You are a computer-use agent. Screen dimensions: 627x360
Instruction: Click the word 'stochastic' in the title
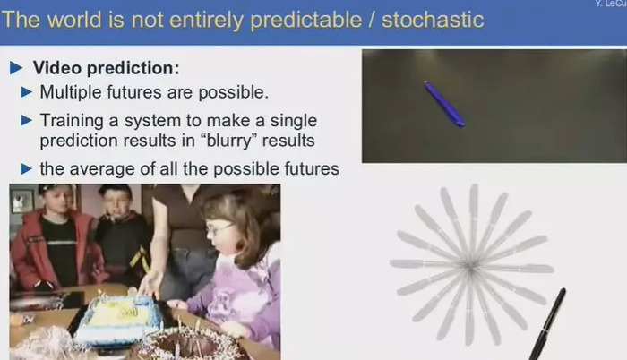tap(433, 20)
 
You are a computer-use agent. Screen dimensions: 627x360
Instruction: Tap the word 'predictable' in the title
tap(306, 20)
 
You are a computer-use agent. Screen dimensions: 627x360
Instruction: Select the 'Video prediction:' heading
tap(107, 68)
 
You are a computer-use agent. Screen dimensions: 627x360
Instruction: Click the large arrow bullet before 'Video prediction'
tap(16, 68)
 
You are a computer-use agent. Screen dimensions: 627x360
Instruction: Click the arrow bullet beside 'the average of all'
tap(26, 168)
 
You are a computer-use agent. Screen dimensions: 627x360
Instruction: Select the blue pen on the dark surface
tap(444, 104)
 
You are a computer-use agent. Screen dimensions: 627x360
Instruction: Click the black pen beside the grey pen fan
tap(548, 323)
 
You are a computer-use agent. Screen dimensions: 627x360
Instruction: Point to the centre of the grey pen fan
tap(471, 266)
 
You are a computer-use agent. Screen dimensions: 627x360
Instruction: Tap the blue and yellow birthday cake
tap(119, 319)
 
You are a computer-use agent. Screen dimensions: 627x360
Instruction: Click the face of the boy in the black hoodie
tap(116, 205)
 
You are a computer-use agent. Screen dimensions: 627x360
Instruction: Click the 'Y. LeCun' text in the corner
tap(611, 4)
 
